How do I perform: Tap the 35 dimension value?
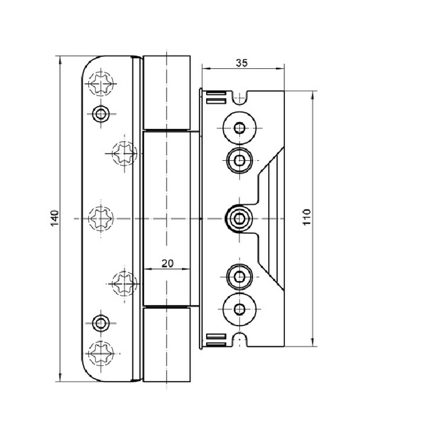tap(241, 63)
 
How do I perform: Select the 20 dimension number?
tap(167, 264)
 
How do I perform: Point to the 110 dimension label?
tap(306, 217)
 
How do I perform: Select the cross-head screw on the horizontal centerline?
tap(102, 217)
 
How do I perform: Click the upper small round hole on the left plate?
tap(101, 113)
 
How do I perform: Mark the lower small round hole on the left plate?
tap(101, 322)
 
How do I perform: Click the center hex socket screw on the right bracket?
tap(240, 217)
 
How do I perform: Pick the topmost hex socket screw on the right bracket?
tap(240, 127)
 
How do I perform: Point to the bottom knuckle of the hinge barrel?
tap(167, 344)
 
